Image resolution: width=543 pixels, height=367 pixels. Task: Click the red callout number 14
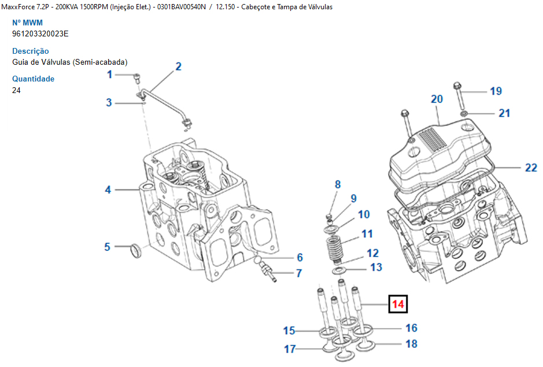click(x=398, y=304)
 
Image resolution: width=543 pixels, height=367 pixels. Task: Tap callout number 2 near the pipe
click(x=178, y=66)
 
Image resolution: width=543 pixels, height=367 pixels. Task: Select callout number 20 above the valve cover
click(x=437, y=99)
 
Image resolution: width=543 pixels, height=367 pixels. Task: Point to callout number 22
click(x=531, y=168)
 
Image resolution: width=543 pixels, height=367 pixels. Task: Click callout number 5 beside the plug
click(x=107, y=247)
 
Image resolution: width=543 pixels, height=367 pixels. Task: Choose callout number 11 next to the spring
click(x=367, y=234)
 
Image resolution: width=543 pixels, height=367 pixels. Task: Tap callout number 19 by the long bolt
click(x=496, y=91)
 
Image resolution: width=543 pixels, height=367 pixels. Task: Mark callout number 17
click(x=290, y=349)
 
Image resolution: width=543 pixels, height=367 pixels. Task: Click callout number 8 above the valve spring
click(x=338, y=184)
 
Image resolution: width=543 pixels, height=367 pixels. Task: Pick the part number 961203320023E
click(x=40, y=34)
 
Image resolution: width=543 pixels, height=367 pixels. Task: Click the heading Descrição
click(x=31, y=51)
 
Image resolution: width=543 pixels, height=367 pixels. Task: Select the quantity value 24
click(x=16, y=90)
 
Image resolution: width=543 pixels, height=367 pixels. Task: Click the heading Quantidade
click(x=34, y=79)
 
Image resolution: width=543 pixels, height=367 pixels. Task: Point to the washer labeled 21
click(x=464, y=113)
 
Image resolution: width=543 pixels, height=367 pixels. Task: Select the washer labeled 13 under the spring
click(x=339, y=270)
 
